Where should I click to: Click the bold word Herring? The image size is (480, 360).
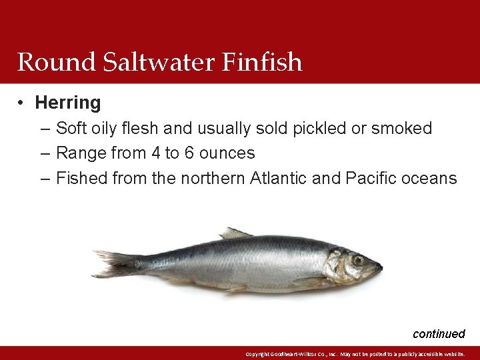coord(68,103)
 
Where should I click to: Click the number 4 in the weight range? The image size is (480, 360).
coord(156,153)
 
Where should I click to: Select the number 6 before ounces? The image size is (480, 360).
coord(189,153)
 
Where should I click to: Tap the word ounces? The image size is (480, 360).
coord(227,153)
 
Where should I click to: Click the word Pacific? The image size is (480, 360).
coord(374,179)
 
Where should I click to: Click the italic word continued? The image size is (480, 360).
coord(439,334)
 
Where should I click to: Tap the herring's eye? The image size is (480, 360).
coord(358,260)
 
